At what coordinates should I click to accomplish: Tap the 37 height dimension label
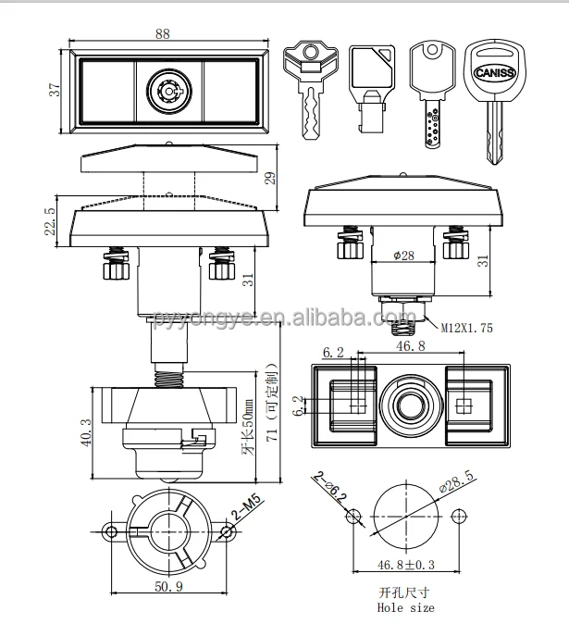pos(54,90)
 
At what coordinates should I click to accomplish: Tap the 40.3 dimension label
pos(86,430)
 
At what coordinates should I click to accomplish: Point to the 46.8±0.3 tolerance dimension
pos(404,563)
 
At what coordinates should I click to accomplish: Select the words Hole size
pos(405,607)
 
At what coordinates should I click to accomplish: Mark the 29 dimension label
pos(271,177)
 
